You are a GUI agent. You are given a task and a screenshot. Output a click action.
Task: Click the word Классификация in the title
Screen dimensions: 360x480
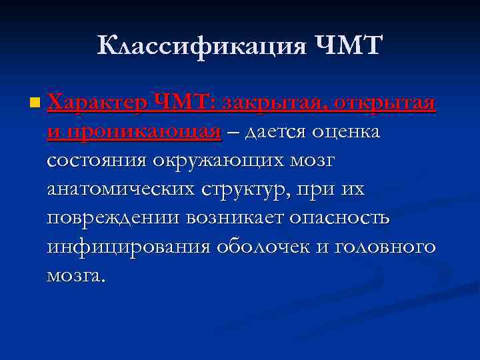200,46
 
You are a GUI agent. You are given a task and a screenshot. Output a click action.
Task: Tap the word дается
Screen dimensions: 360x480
274,132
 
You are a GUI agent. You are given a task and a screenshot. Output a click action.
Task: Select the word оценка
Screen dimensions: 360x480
346,132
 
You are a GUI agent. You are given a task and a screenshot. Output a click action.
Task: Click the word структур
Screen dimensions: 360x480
239,189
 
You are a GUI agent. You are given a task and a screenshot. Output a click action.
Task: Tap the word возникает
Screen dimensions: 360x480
241,218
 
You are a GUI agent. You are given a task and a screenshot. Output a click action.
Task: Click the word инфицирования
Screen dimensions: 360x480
127,247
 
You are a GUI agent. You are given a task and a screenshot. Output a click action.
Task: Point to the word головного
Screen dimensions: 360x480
385,247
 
